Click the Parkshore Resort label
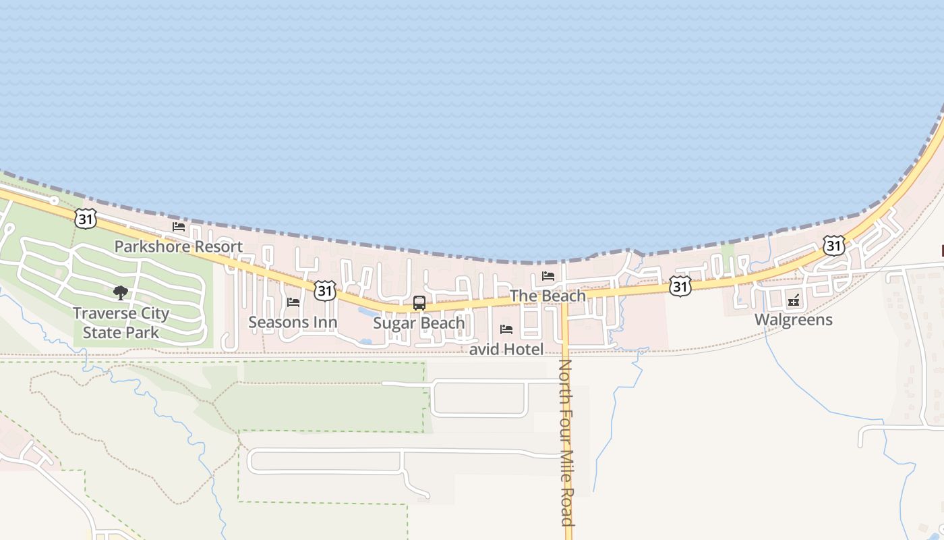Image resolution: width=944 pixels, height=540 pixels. point(178,246)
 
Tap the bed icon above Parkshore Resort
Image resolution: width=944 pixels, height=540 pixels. point(178,227)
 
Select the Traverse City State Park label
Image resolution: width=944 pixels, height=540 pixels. point(121,323)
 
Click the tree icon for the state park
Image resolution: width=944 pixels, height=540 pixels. point(121,292)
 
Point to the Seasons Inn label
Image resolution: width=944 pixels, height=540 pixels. point(293,322)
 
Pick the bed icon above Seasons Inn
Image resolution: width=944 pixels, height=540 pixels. point(293,302)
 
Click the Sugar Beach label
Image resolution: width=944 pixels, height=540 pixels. point(419,323)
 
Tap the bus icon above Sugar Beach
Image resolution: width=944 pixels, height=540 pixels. point(419,303)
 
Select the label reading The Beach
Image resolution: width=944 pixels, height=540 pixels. point(548,296)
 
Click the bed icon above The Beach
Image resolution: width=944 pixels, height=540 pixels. point(548,275)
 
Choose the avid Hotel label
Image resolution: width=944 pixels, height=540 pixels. point(506,349)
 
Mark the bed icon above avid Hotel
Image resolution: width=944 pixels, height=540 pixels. point(506,329)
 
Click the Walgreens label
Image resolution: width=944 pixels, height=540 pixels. point(794,319)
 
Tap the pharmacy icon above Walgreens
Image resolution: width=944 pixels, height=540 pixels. point(794,300)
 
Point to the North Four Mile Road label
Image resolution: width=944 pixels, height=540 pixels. point(566,442)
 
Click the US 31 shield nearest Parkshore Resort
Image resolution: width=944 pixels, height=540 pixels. point(86,218)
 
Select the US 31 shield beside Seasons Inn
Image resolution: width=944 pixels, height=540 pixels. point(325,290)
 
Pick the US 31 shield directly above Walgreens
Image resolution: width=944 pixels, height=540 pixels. point(834,246)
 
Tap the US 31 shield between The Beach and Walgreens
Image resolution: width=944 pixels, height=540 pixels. point(680,286)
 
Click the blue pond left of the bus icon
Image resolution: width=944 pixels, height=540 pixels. point(369,313)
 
